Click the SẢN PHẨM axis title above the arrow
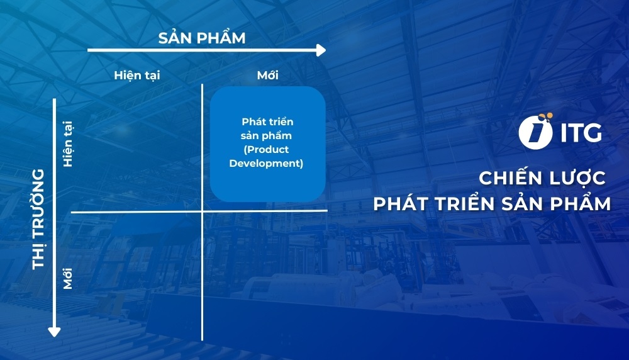pyautogui.click(x=201, y=38)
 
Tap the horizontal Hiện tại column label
pyautogui.click(x=137, y=76)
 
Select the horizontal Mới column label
pyautogui.click(x=267, y=76)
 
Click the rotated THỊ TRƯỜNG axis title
pyautogui.click(x=39, y=218)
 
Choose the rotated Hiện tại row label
pyautogui.click(x=69, y=145)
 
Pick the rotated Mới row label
pyautogui.click(x=69, y=278)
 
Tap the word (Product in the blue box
pyautogui.click(x=267, y=150)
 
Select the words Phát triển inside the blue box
pyautogui.click(x=267, y=121)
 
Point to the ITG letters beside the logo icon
pyautogui.click(x=579, y=133)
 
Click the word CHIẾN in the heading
pyautogui.click(x=501, y=178)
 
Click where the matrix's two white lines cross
pyautogui.click(x=202, y=211)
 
